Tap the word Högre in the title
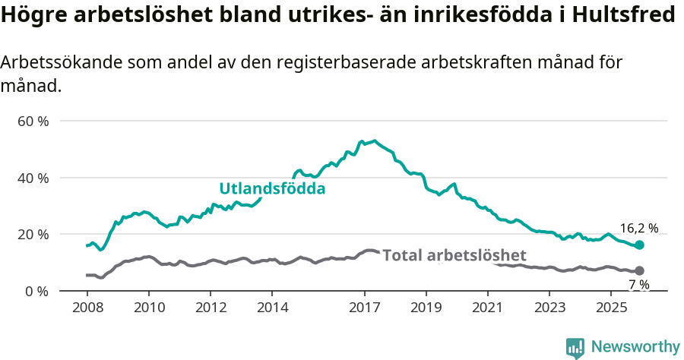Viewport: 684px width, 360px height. click(30, 14)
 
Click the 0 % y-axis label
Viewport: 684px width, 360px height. click(36, 291)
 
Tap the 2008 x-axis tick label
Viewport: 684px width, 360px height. click(87, 308)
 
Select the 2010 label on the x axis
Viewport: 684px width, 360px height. click(148, 308)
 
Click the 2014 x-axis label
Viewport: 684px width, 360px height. click(272, 308)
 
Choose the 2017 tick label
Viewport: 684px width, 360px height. click(365, 308)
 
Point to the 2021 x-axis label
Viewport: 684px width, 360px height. click(488, 308)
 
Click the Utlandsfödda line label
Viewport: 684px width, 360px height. click(272, 188)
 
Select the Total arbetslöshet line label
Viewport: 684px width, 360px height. click(454, 255)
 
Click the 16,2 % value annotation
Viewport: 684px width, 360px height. click(638, 228)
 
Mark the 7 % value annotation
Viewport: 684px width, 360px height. click(638, 285)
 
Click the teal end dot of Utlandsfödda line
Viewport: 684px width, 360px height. click(639, 245)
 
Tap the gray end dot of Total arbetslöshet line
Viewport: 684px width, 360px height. click(639, 271)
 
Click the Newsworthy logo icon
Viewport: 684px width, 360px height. click(575, 348)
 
